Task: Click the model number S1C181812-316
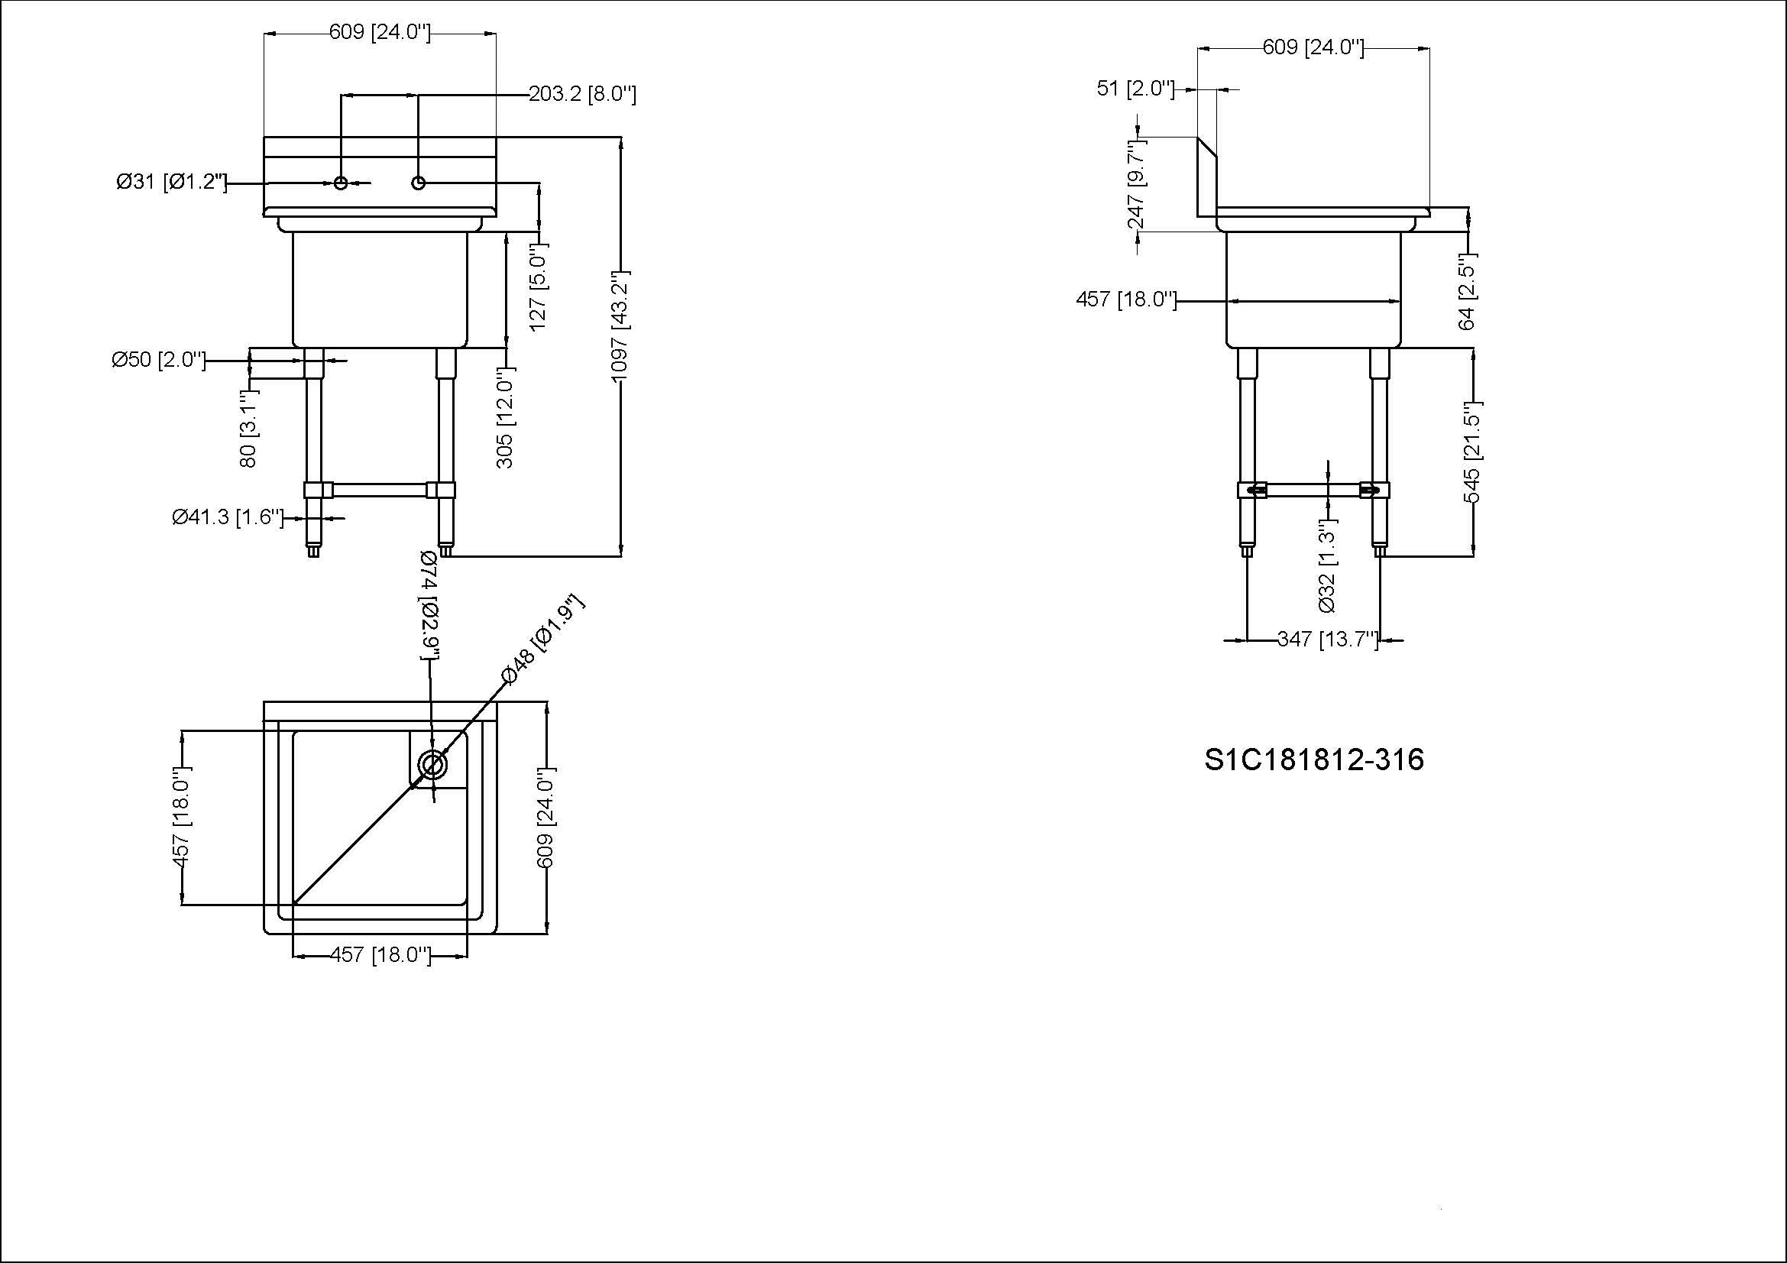coord(1314,759)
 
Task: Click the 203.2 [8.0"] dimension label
coord(582,95)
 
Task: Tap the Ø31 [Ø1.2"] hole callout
coord(171,183)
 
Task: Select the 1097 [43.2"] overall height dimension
coord(620,327)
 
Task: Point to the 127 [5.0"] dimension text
coord(539,287)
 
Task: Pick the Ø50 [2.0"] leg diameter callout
coord(160,361)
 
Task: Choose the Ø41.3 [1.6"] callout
coord(227,517)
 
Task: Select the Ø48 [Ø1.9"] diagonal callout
coord(542,640)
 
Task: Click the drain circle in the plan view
coord(432,765)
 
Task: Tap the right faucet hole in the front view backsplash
coord(419,183)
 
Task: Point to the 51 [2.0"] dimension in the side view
coord(1135,89)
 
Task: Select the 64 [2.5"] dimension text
coord(1467,293)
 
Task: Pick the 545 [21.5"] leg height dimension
coord(1472,453)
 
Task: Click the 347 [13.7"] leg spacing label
coord(1328,640)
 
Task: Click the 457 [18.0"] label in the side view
coord(1125,300)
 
